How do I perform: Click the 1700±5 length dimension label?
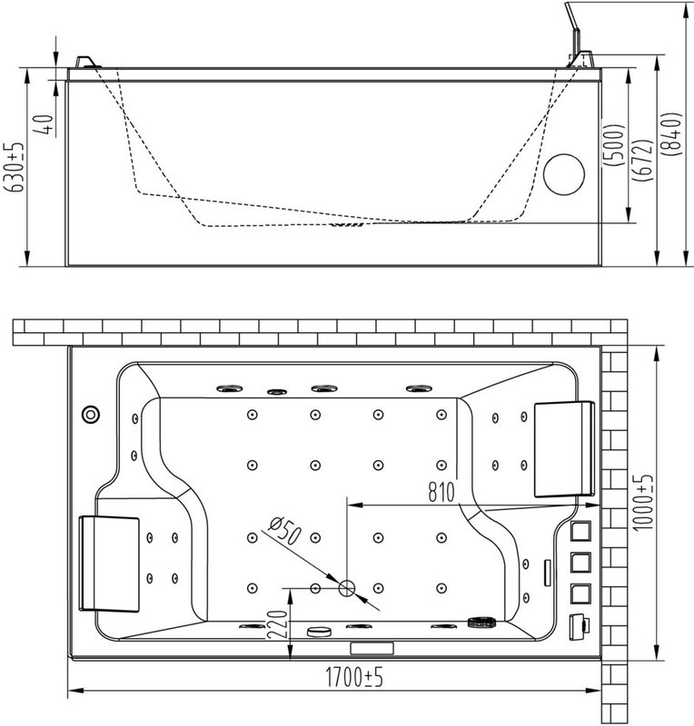(x=354, y=677)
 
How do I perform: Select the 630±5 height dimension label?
(x=15, y=168)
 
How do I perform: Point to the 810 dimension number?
(x=441, y=492)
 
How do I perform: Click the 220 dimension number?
(x=278, y=624)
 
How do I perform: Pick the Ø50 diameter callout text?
(x=284, y=531)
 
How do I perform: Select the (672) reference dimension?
(x=645, y=161)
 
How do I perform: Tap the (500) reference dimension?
(x=612, y=145)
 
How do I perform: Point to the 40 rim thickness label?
(x=46, y=124)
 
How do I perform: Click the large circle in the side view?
(x=564, y=174)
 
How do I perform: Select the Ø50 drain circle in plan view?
(x=346, y=588)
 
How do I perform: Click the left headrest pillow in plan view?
(x=109, y=564)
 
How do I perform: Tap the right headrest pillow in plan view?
(x=564, y=449)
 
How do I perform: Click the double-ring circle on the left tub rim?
(x=91, y=414)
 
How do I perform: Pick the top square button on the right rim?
(x=580, y=531)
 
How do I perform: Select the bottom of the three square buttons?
(x=580, y=594)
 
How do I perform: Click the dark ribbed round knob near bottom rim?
(x=481, y=622)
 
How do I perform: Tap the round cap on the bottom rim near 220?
(x=319, y=631)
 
